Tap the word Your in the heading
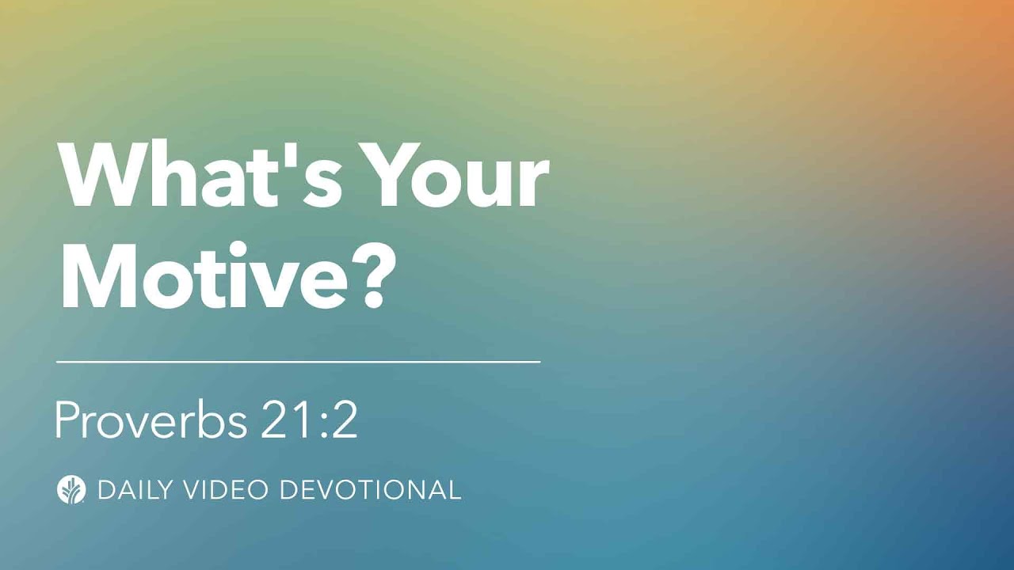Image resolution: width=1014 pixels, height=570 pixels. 457,174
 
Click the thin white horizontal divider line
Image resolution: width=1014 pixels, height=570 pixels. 299,362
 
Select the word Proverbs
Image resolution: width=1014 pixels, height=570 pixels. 151,421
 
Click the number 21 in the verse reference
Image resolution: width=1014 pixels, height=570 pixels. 287,421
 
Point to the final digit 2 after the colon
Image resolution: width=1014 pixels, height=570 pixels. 345,421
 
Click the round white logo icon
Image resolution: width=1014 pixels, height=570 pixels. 71,489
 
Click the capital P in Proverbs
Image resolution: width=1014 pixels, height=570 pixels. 66,421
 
